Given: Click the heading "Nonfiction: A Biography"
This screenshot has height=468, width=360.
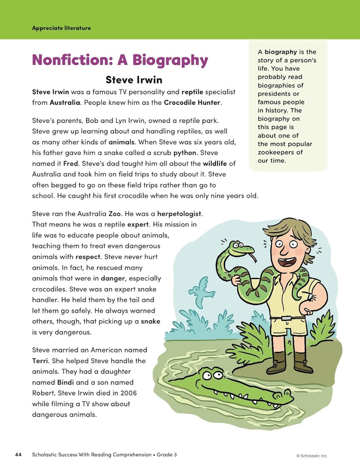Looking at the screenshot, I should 119,60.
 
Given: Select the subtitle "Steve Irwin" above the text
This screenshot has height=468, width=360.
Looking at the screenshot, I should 134,80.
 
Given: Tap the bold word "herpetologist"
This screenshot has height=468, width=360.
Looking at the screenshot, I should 179,213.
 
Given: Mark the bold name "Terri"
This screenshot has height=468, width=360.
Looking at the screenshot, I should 42,361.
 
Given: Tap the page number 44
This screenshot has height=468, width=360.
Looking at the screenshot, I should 18,454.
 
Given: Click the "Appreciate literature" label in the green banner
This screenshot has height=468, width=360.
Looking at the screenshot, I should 61,28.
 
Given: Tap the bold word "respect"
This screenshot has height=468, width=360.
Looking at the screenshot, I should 88,256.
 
